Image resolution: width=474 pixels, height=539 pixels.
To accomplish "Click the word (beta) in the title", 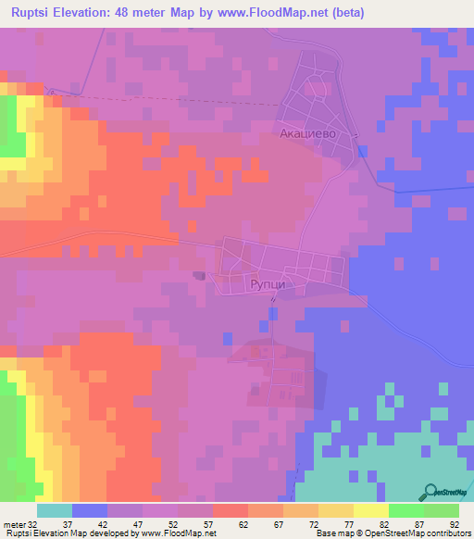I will tap(343, 13).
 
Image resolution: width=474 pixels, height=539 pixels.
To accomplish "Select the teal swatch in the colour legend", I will tap(55, 510).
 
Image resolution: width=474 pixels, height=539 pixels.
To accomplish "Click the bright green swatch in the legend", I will tap(405, 510).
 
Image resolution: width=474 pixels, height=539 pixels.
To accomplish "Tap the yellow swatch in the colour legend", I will tap(370, 510).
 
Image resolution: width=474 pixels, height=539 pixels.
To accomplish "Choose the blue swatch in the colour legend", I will tap(90, 510).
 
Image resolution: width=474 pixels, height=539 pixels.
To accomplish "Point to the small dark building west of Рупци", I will tap(198, 275).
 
